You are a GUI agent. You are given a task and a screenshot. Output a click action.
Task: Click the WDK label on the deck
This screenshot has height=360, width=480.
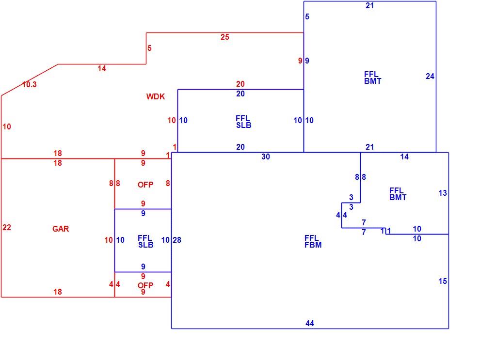click(156, 96)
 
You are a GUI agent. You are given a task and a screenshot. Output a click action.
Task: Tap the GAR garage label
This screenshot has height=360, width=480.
click(61, 229)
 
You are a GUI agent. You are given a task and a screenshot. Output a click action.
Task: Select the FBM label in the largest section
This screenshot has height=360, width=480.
click(313, 245)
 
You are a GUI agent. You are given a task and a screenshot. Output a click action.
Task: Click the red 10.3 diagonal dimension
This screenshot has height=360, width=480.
click(30, 84)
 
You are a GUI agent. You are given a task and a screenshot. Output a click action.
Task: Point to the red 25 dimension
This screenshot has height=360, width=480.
click(224, 37)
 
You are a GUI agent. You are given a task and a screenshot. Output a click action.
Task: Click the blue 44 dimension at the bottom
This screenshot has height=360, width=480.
click(310, 323)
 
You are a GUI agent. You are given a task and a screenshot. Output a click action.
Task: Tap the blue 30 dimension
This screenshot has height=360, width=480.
click(266, 157)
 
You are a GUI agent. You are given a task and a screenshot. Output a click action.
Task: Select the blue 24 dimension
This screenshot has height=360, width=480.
click(430, 76)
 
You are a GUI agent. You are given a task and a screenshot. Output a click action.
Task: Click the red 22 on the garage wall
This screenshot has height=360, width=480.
click(7, 227)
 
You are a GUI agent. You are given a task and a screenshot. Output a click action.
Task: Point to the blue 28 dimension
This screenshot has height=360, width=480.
click(177, 240)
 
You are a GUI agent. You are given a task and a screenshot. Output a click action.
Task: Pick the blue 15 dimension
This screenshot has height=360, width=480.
click(443, 281)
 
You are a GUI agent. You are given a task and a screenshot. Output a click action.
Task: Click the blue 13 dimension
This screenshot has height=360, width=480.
click(443, 193)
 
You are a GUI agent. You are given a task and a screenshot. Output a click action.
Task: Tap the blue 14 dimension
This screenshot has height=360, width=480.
click(404, 157)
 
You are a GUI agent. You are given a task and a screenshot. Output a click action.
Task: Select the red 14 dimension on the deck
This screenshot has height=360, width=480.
click(102, 68)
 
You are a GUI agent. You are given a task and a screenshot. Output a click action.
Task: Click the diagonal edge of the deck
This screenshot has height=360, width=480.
click(30, 80)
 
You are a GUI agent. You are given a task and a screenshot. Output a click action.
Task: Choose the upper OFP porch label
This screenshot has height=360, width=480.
click(145, 185)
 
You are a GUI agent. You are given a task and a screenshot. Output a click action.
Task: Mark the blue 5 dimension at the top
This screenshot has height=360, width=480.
click(307, 16)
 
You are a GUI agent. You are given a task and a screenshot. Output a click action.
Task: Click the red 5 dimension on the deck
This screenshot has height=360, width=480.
click(150, 48)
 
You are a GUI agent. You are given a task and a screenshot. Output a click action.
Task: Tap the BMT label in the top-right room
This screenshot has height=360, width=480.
click(372, 81)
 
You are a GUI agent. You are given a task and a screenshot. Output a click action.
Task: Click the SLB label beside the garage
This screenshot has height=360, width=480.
click(146, 245)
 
